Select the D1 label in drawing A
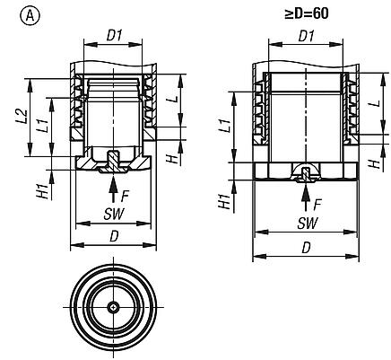coord(115,35)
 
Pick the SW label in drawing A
coord(114,215)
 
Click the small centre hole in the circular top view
coord(112,307)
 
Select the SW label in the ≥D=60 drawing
coord(305,221)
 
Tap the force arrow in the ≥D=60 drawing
coord(307,189)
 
